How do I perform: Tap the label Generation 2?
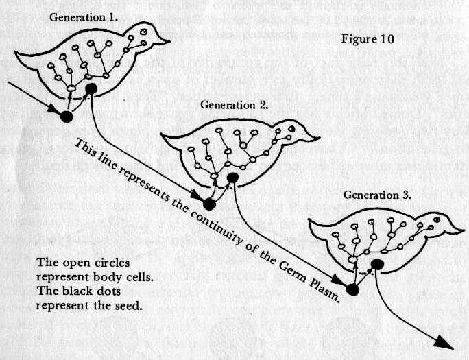coord(234,105)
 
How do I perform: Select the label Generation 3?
coord(377,195)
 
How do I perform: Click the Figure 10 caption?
coord(367,38)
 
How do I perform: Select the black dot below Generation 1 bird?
coord(66,116)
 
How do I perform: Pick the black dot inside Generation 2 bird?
coord(233,178)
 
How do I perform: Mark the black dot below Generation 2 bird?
coord(210,204)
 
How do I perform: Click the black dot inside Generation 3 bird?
coord(376,264)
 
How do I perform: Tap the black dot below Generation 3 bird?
coord(352,289)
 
